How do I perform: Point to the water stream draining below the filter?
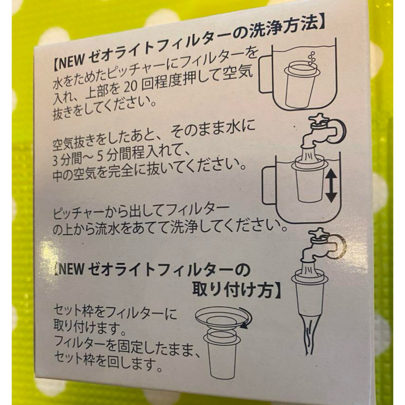pos(310,336)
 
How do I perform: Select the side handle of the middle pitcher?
pos(269,185)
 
